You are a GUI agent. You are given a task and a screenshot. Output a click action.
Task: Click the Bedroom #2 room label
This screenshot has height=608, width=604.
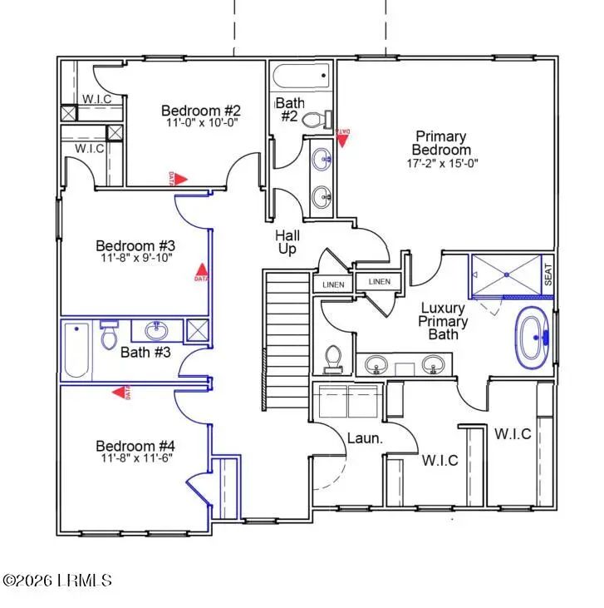[200, 111]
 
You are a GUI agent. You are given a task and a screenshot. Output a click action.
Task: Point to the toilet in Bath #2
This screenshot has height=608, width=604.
[316, 120]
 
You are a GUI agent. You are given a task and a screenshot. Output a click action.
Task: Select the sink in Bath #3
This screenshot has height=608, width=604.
[156, 330]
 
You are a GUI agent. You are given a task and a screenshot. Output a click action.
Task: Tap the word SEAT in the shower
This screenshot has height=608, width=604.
[548, 274]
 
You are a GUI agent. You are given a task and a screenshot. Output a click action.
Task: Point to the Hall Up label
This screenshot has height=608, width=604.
[287, 243]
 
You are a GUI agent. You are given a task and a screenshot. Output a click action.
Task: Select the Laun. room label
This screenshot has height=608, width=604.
[365, 437]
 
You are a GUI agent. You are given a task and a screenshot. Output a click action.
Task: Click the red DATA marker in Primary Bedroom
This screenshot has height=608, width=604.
[342, 136]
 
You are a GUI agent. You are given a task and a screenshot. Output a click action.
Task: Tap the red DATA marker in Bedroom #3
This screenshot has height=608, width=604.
[199, 272]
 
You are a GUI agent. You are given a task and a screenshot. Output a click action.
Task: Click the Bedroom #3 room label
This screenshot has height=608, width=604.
[135, 245]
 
